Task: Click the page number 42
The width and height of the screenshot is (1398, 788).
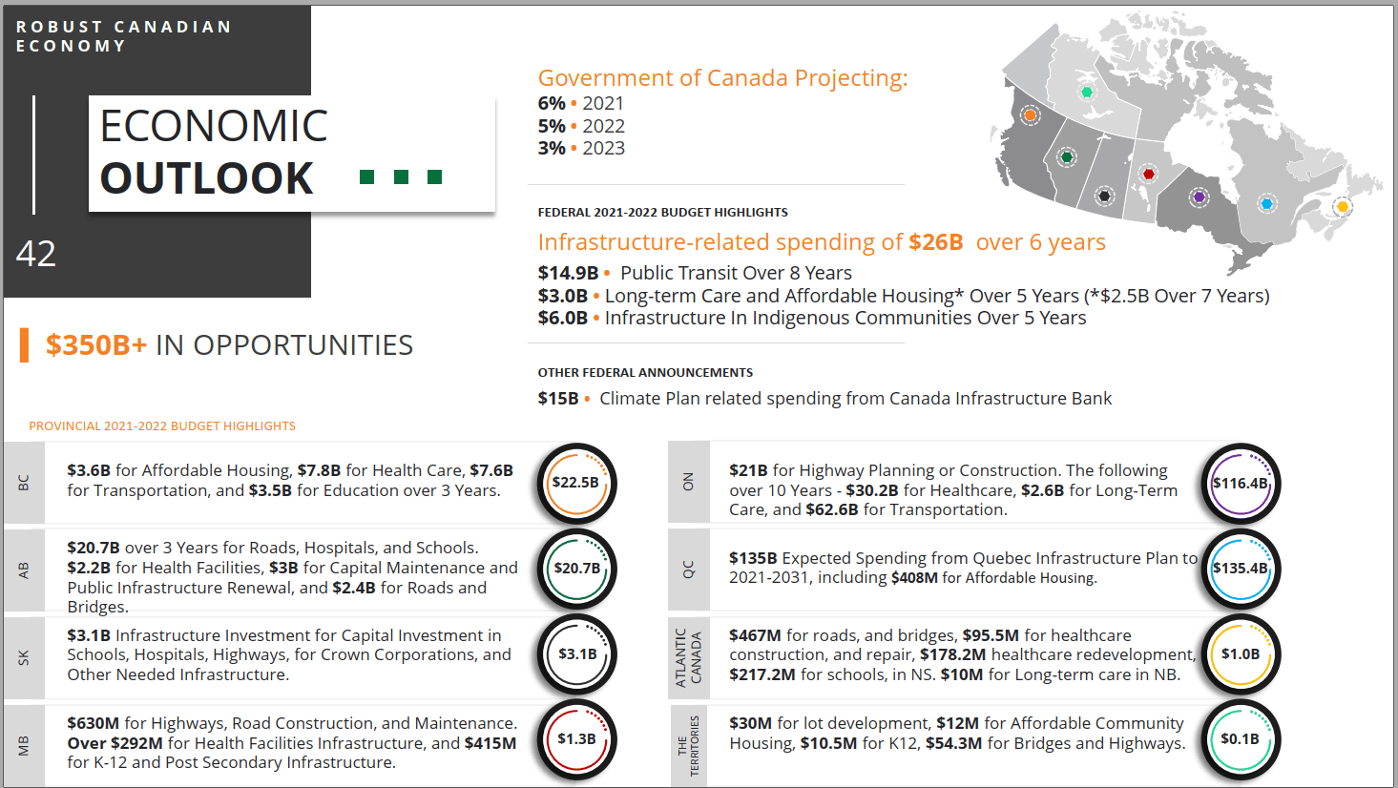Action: [36, 254]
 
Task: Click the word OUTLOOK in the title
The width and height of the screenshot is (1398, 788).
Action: [206, 178]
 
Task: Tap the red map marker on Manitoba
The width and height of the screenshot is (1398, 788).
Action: [1149, 174]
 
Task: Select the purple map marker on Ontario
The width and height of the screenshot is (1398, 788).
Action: [1200, 197]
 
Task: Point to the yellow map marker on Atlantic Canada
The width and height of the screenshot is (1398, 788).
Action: [1343, 206]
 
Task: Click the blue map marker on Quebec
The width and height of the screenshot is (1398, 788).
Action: [1267, 203]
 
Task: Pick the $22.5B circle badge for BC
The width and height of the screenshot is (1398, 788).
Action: [576, 483]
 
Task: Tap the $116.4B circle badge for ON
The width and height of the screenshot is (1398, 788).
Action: [1240, 484]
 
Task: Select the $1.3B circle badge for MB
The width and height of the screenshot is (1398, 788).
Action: [576, 739]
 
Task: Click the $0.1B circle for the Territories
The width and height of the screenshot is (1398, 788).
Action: [1240, 739]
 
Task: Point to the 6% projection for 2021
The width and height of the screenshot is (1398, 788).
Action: [552, 103]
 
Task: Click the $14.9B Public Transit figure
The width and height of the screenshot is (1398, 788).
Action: [568, 273]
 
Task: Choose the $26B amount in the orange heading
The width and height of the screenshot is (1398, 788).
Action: [935, 242]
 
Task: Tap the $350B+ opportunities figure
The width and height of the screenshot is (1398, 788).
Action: [96, 345]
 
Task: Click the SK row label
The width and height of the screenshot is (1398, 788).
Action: [24, 657]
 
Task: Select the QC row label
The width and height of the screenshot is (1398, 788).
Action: [688, 570]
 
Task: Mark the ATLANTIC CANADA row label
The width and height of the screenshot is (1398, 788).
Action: [688, 657]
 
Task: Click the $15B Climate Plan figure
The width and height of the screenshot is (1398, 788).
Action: [558, 399]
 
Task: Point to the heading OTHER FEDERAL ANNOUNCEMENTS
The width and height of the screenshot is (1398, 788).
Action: [645, 373]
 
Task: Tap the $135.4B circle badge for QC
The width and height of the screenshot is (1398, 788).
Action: [1240, 569]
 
